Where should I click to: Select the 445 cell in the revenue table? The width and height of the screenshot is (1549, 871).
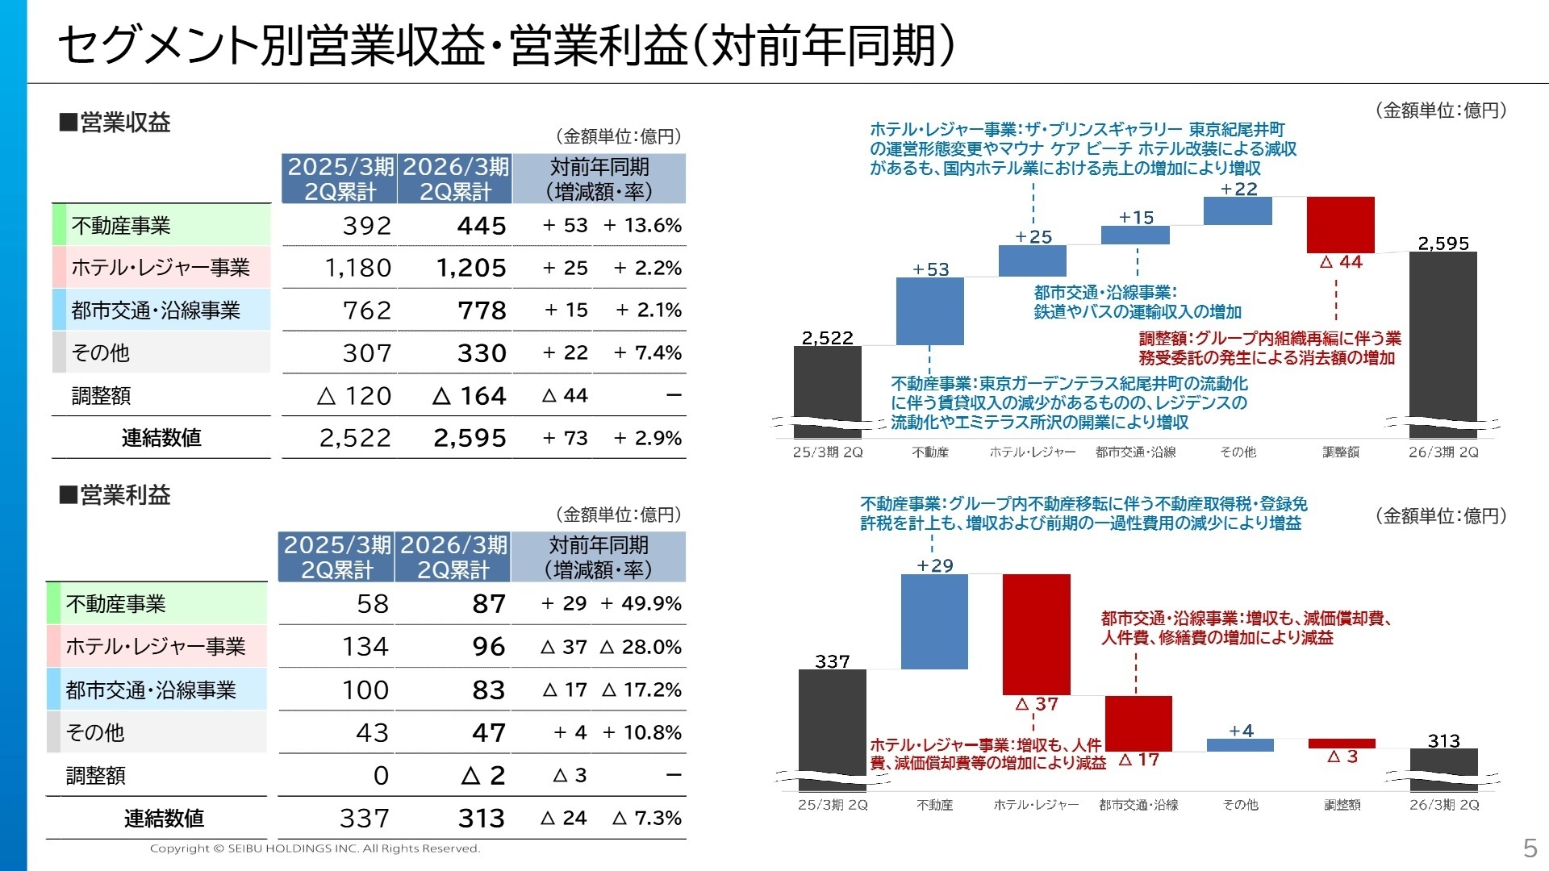[482, 226]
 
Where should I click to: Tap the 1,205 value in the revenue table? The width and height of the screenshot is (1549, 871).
[471, 268]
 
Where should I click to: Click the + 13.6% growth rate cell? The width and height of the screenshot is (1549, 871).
[642, 226]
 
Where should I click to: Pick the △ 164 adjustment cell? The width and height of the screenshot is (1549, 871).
[470, 396]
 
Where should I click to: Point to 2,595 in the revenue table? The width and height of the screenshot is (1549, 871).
[470, 438]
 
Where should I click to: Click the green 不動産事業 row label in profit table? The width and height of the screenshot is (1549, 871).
[116, 604]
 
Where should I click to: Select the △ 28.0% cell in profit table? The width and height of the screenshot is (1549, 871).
[641, 647]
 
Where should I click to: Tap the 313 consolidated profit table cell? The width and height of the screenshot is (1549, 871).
[481, 819]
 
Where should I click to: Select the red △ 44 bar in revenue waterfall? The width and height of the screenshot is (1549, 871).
[1340, 224]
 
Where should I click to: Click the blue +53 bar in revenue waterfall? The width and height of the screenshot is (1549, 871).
[930, 311]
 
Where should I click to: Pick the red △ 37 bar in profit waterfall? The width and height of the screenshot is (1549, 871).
[1037, 634]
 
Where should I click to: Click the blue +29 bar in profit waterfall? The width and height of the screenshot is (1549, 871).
[934, 622]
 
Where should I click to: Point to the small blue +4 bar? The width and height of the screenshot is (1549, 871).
[1240, 745]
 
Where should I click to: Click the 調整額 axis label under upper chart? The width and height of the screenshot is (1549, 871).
[1341, 452]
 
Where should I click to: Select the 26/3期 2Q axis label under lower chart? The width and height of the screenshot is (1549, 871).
[1444, 805]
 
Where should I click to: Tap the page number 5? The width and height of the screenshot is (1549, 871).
[1530, 848]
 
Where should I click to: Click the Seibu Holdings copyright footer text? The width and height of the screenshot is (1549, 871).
[315, 848]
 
